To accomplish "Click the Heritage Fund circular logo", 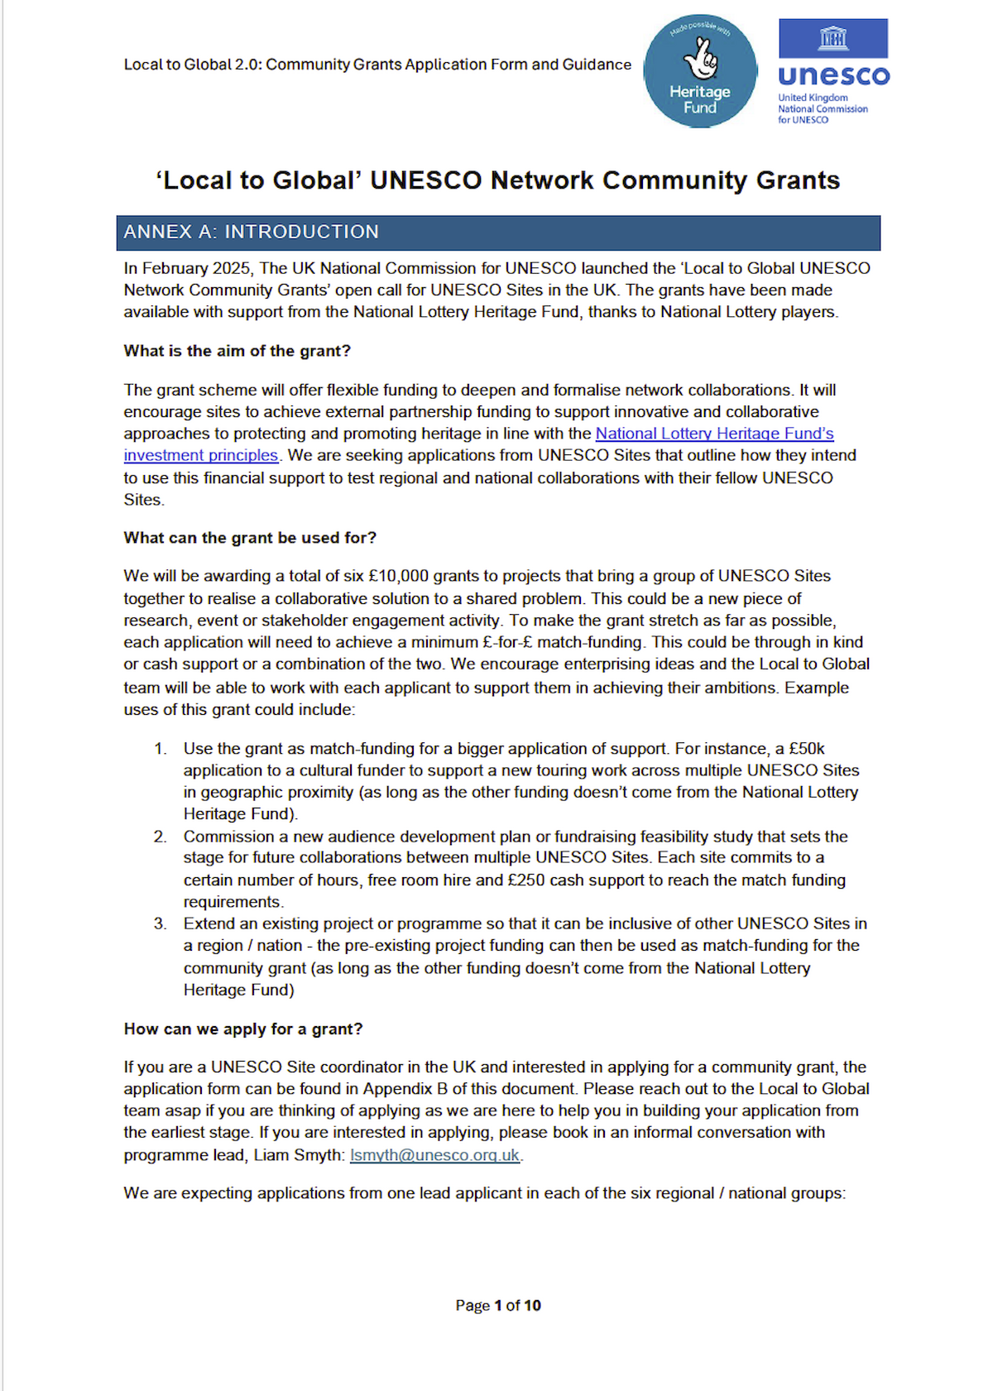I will click(700, 71).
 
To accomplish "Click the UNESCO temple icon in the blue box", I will click(833, 38).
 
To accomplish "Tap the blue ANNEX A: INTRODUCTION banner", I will click(498, 233).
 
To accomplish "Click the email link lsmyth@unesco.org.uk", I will click(434, 1154).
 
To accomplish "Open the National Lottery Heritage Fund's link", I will click(714, 434).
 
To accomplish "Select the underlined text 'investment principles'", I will click(201, 455).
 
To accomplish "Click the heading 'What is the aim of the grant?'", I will click(237, 351).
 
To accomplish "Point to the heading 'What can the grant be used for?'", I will click(250, 538).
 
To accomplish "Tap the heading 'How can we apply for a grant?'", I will click(243, 1029).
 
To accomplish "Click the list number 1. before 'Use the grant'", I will click(161, 749).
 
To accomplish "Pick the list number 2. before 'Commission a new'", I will click(161, 837).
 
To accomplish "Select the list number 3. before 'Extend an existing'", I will click(161, 923).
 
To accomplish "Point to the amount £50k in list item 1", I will click(806, 749).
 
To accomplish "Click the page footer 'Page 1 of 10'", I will click(497, 1305).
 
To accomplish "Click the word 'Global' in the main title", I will click(313, 180).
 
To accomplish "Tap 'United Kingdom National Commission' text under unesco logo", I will click(822, 103).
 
